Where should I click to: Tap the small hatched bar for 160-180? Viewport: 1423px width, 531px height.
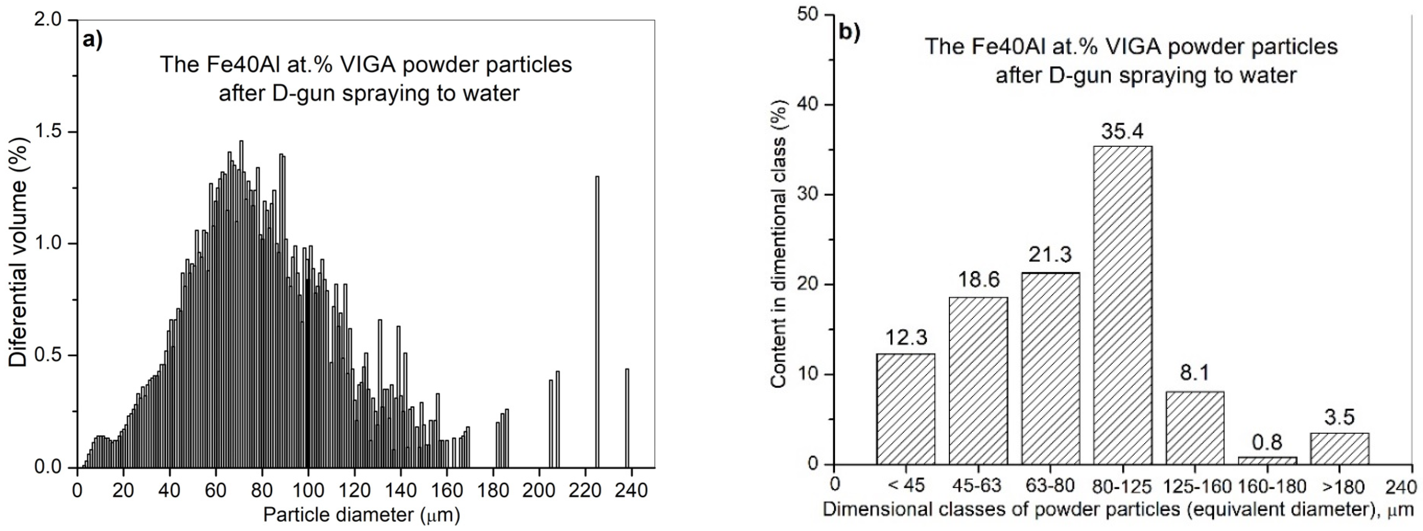pyautogui.click(x=1267, y=460)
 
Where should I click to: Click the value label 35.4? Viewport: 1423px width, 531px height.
pyautogui.click(x=1122, y=131)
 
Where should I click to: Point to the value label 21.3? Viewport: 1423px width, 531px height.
pyautogui.click(x=1050, y=255)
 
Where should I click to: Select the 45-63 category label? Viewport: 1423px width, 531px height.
pyautogui.click(x=978, y=486)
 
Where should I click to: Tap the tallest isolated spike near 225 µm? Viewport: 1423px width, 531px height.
pyautogui.click(x=597, y=320)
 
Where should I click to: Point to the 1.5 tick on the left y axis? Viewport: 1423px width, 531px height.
pyautogui.click(x=50, y=132)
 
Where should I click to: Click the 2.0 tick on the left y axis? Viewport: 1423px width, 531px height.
pyautogui.click(x=50, y=20)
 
